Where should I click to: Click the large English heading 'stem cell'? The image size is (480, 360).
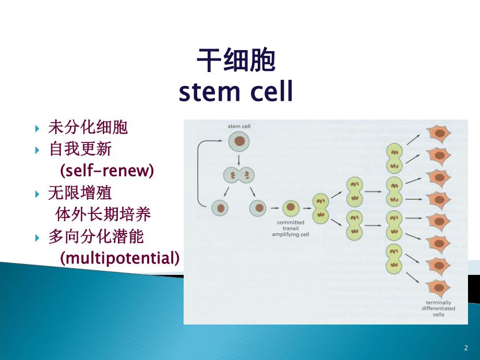tap(236, 92)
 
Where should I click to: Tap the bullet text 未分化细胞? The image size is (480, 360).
tap(88, 127)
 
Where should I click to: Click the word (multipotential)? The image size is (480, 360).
tap(119, 258)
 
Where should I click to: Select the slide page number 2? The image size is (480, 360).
tap(466, 347)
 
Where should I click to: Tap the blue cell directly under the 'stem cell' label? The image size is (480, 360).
tap(238, 141)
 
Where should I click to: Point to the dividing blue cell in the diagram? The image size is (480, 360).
tap(238, 175)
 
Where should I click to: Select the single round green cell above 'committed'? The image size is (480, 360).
tap(291, 208)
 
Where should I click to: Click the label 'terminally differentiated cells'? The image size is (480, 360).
tap(438, 308)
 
